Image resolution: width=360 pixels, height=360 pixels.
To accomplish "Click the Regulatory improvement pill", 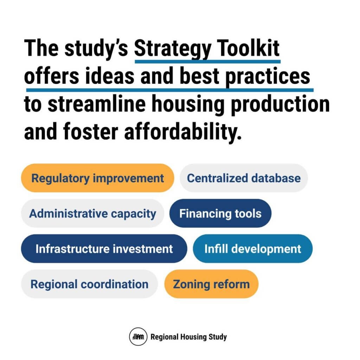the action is coord(98,178).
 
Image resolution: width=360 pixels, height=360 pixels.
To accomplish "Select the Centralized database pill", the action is coord(244,178).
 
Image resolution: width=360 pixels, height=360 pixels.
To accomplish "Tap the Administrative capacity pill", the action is coord(93,213).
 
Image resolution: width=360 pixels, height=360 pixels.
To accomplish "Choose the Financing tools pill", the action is coord(220,213).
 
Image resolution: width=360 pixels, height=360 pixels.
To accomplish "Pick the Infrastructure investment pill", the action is coord(104,249).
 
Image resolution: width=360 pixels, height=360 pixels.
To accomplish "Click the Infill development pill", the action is coord(252,249).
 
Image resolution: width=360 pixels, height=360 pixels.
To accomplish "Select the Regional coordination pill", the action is coord(90,284).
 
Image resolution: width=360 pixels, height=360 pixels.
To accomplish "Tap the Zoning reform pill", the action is coord(211,284).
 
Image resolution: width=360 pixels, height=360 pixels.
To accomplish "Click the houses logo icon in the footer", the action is coord(138,336).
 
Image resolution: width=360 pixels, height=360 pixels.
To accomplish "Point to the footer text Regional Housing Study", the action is coord(189,337).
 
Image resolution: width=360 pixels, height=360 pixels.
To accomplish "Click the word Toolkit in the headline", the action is coord(248,48).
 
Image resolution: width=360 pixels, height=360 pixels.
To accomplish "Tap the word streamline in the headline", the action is coord(97,104).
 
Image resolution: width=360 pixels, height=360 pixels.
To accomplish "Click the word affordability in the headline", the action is coord(183,132).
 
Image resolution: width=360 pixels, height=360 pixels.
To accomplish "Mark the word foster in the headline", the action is coord(91,131).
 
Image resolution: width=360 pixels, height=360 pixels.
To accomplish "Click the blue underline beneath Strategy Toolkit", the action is coord(207,62).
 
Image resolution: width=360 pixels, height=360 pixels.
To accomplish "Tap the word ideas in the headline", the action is coord(110,76).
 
